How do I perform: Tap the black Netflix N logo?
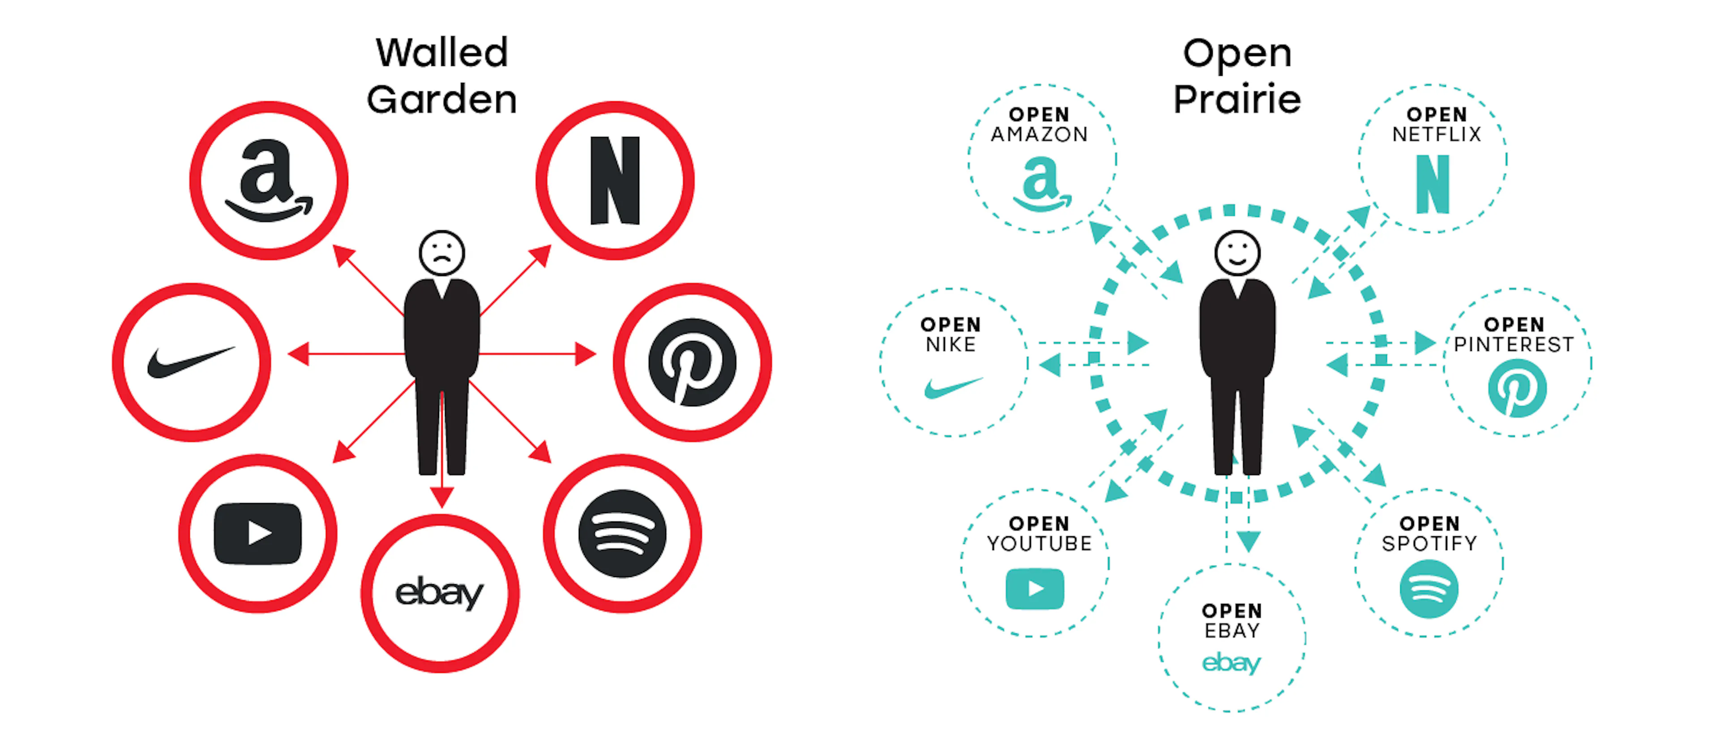(615, 180)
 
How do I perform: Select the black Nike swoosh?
(191, 362)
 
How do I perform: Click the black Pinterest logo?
(692, 362)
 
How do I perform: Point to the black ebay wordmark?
(439, 593)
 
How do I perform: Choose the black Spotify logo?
(622, 534)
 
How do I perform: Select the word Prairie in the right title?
(1237, 99)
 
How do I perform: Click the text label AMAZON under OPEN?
(1039, 135)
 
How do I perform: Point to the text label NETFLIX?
(1436, 135)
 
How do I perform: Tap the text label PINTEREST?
(1514, 345)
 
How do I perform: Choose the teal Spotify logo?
(1429, 589)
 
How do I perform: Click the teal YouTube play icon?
(1035, 589)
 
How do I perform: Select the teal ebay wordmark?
(1231, 663)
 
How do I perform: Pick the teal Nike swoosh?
(953, 387)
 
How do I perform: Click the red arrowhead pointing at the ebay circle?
(442, 497)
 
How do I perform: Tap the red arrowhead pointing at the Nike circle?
(298, 354)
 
